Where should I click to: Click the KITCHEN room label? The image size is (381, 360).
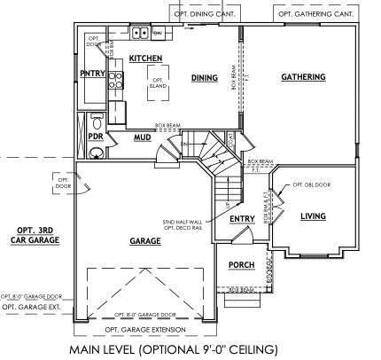tap(145, 59)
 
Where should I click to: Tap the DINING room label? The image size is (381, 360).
tap(204, 78)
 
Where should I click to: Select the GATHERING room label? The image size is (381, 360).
tap(303, 78)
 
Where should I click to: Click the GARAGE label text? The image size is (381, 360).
tap(144, 241)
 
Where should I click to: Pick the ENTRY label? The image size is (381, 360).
tap(242, 219)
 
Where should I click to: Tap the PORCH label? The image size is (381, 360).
tap(242, 265)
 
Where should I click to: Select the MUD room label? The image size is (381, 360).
tap(142, 138)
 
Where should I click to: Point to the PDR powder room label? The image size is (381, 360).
tap(95, 137)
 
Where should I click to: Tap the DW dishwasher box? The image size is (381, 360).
tap(157, 34)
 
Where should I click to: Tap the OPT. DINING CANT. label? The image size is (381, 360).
tap(206, 14)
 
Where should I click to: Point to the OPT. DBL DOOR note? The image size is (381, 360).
tap(312, 185)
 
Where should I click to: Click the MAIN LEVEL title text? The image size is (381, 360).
tap(179, 348)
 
